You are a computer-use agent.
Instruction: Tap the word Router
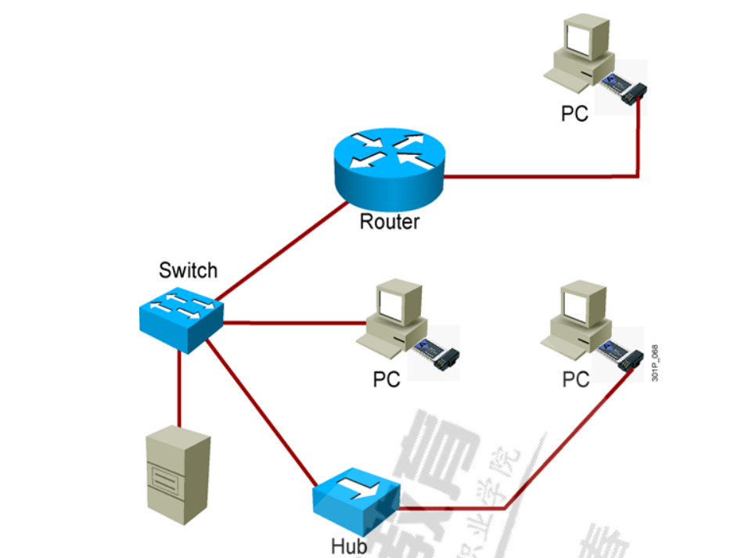pos(389,221)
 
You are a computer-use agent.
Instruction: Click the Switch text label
pos(188,271)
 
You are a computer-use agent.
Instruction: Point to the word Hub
pos(348,545)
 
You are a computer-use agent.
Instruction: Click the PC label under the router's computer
pos(574,113)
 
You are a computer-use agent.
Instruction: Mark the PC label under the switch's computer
pos(387,380)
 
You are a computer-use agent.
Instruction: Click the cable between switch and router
pos(282,250)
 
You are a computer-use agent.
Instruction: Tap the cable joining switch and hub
pos(262,407)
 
